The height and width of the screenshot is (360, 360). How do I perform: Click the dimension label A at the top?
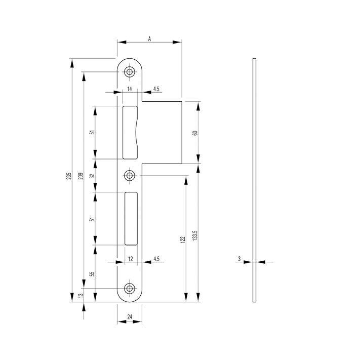tap(149, 39)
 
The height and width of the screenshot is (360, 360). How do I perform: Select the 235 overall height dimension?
tap(69, 176)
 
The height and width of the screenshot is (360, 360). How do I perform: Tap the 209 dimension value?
tap(81, 176)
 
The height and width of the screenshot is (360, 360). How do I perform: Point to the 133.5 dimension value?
tap(195, 235)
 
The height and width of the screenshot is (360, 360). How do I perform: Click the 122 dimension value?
tap(183, 239)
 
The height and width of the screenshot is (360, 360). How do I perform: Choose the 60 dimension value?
tap(195, 133)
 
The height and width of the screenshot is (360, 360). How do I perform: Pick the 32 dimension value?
tap(92, 176)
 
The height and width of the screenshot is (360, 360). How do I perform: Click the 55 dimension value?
tap(92, 274)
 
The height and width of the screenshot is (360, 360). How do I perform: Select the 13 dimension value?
tap(81, 296)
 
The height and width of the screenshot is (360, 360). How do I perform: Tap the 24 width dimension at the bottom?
tap(130, 317)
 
